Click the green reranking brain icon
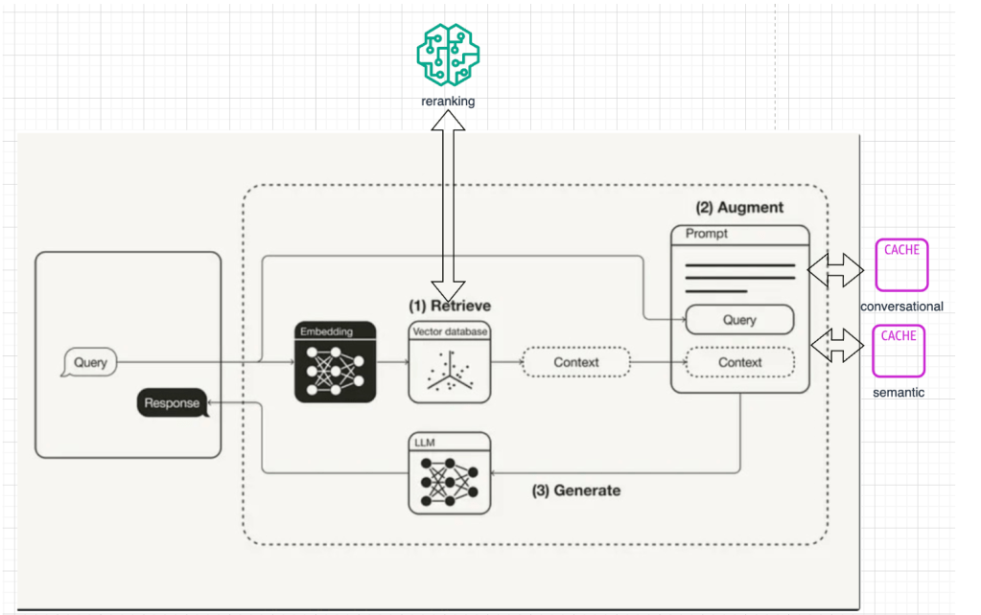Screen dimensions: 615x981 click(448, 55)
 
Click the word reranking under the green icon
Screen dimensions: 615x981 click(448, 101)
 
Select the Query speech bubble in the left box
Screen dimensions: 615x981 click(88, 363)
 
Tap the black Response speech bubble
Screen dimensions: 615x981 click(173, 403)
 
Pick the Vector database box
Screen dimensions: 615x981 click(449, 363)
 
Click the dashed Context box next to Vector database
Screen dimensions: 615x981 click(575, 362)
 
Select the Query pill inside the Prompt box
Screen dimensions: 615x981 click(739, 320)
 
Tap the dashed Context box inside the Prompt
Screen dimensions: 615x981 click(739, 362)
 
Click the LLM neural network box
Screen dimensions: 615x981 click(449, 473)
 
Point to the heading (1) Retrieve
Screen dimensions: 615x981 click(450, 306)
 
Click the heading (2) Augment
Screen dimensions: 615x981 click(739, 207)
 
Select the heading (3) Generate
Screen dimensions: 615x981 click(576, 490)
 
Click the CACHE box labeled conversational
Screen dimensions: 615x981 click(900, 265)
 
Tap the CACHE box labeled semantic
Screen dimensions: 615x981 click(899, 351)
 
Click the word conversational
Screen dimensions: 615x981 click(901, 307)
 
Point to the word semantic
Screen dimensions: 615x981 click(899, 392)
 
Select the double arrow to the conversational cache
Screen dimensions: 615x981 click(835, 271)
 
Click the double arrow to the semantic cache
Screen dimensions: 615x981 click(835, 346)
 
